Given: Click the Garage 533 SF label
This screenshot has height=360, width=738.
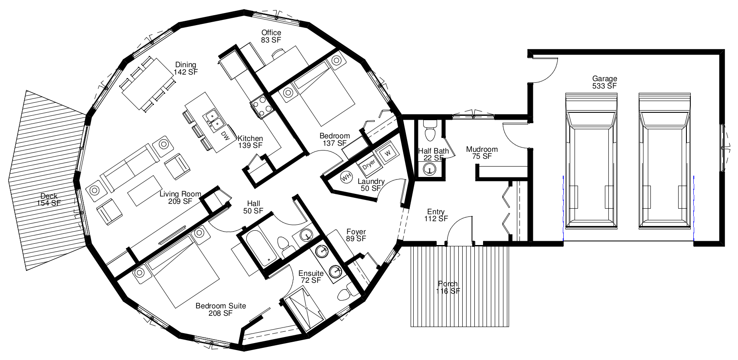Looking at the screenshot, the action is pyautogui.click(x=604, y=82).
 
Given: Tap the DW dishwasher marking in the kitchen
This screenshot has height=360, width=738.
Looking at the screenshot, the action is pyautogui.click(x=225, y=135).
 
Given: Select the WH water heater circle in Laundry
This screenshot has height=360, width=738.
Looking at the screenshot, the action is pyautogui.click(x=346, y=177).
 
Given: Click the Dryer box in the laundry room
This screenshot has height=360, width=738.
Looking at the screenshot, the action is pyautogui.click(x=369, y=164).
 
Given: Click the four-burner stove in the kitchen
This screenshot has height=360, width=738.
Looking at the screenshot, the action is pyautogui.click(x=262, y=106).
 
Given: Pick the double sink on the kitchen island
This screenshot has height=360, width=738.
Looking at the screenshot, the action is pyautogui.click(x=213, y=120).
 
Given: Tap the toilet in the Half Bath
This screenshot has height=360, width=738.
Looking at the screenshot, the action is pyautogui.click(x=430, y=131).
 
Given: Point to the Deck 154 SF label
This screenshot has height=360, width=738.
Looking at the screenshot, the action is pyautogui.click(x=49, y=200).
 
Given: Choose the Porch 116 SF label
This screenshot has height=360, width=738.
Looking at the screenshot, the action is pyautogui.click(x=448, y=288).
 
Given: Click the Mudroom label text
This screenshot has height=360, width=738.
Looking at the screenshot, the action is pyautogui.click(x=482, y=149).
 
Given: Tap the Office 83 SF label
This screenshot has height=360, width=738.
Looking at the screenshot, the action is pyautogui.click(x=271, y=36).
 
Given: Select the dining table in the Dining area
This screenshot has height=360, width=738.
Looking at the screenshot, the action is pyautogui.click(x=148, y=84).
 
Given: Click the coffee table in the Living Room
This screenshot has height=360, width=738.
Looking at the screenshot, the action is pyautogui.click(x=145, y=191).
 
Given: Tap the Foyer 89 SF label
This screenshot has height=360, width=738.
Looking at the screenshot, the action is pyautogui.click(x=356, y=236).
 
